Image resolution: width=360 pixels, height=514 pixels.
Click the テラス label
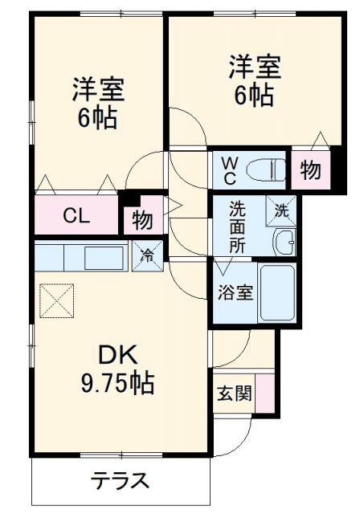tap(119, 481)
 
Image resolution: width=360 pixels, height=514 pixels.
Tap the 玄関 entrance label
tap(234, 394)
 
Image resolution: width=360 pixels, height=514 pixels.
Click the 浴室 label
tap(234, 292)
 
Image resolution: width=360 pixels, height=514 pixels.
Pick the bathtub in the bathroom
tap(278, 292)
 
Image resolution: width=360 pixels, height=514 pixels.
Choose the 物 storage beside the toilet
tap(309, 170)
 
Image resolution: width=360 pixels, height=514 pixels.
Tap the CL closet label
tap(77, 216)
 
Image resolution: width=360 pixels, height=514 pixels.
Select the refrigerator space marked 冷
tap(148, 255)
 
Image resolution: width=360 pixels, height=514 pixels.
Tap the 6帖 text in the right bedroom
tap(254, 94)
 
